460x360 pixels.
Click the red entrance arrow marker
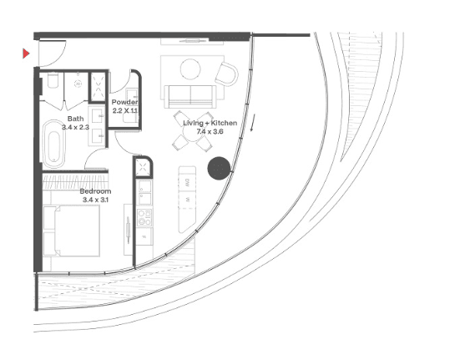coord(26,53)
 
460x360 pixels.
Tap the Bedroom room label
coord(96,191)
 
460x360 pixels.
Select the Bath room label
coord(75,119)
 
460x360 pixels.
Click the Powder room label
coord(124,102)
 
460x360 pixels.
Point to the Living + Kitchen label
coord(210,123)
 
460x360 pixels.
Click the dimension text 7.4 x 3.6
coord(210,131)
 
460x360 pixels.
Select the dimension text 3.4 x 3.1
coord(96,200)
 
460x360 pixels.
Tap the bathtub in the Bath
coord(53,144)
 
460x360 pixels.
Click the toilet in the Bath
coord(53,80)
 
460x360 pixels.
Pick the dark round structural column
coord(219,168)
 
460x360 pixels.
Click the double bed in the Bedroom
coord(71,231)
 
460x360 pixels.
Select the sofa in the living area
coord(190,97)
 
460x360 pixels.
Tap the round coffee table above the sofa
coord(190,69)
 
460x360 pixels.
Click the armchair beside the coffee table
coord(226,74)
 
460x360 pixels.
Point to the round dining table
coord(193,132)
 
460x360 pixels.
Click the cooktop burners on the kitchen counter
coord(144,217)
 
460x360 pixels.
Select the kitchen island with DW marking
coord(187,200)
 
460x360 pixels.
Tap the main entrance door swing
coord(53,53)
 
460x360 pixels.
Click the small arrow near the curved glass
coord(252,123)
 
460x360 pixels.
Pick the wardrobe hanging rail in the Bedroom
coord(75,181)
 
